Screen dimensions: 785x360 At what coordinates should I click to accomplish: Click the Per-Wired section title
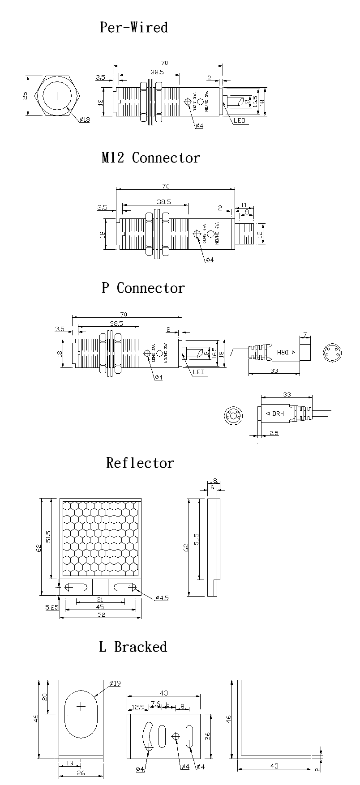[133, 28]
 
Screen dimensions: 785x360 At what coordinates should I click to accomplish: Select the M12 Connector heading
[150, 158]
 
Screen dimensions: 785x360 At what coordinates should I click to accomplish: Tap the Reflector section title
[140, 463]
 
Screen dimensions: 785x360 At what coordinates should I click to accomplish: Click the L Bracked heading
[133, 647]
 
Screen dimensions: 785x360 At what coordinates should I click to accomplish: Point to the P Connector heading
[143, 288]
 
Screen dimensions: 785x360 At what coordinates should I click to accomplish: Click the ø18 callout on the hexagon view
[85, 120]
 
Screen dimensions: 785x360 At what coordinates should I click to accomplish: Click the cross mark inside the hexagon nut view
[58, 96]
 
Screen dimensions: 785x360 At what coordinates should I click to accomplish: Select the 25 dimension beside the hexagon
[26, 96]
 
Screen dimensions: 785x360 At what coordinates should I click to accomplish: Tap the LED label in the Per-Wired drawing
[240, 121]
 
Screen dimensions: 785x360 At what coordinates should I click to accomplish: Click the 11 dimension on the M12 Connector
[244, 205]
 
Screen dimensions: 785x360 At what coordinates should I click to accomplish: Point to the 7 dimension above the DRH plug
[304, 335]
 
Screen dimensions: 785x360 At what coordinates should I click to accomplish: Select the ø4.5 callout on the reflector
[162, 598]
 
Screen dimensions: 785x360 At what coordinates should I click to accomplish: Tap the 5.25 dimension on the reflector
[52, 607]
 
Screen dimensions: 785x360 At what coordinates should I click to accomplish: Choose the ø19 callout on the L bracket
[115, 683]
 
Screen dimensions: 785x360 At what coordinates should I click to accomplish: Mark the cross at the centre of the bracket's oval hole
[81, 707]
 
